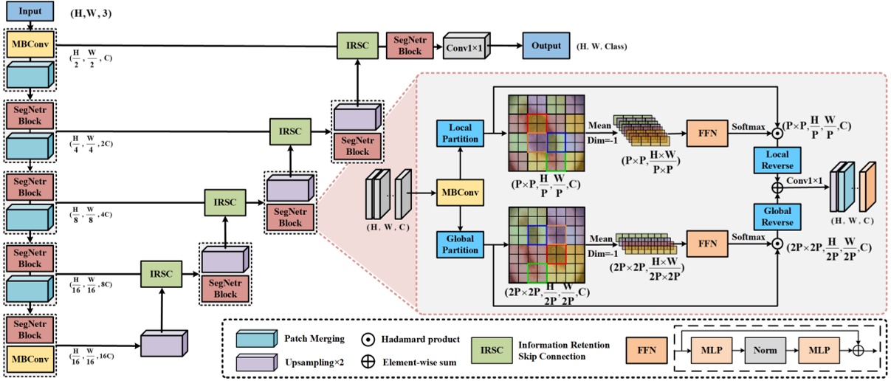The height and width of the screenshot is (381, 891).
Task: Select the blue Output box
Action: click(x=546, y=46)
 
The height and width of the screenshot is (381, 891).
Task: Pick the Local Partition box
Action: click(x=461, y=133)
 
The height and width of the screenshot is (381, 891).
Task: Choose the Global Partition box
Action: click(x=461, y=244)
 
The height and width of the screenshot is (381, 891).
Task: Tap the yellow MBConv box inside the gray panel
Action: click(x=461, y=193)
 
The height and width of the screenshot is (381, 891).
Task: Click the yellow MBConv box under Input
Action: click(x=29, y=44)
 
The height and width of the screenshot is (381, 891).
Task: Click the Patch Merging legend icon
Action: click(x=256, y=339)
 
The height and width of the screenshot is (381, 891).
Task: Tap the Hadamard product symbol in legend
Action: click(x=367, y=339)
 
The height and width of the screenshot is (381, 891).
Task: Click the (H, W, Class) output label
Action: click(x=602, y=47)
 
